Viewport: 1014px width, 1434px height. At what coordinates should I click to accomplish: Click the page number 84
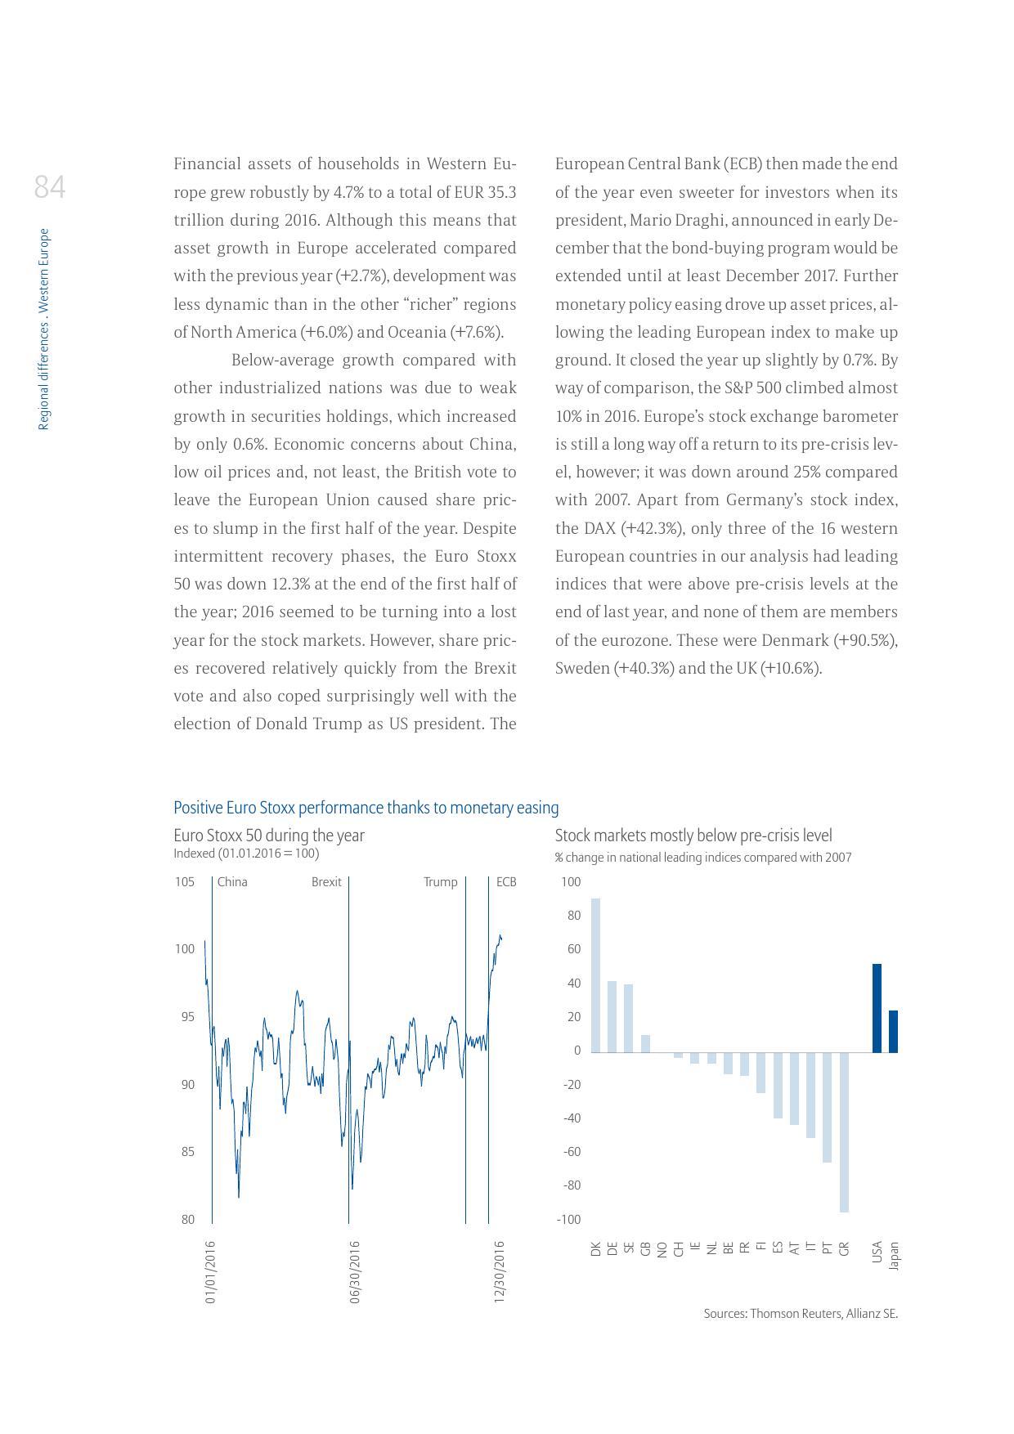click(x=50, y=187)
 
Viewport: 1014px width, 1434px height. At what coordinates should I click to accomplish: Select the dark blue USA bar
click(x=877, y=1008)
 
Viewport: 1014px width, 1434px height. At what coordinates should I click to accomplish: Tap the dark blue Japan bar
click(x=893, y=1032)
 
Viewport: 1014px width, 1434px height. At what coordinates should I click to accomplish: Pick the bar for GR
click(x=844, y=1132)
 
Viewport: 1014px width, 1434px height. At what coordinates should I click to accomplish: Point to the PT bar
click(x=827, y=1107)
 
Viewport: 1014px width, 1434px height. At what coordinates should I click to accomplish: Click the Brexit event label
click(x=326, y=882)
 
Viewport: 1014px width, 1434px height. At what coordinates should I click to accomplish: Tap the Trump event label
click(x=440, y=882)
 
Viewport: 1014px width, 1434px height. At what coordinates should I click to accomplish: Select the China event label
click(x=232, y=882)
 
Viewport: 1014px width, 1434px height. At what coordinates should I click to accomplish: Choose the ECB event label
click(x=506, y=882)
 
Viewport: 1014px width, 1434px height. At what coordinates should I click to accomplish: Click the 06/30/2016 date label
click(x=355, y=1272)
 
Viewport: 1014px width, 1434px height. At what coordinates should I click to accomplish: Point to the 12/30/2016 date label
click(x=500, y=1272)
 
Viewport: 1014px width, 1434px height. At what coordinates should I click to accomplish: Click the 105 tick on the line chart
click(x=185, y=882)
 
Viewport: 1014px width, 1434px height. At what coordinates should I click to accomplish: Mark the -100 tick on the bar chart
click(x=568, y=1220)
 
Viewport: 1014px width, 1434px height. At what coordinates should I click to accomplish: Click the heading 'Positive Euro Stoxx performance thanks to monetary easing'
click(x=366, y=808)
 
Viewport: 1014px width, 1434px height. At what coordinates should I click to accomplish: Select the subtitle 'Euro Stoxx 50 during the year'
click(x=269, y=836)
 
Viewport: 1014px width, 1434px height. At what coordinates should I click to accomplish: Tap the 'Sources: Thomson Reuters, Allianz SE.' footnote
click(x=801, y=1314)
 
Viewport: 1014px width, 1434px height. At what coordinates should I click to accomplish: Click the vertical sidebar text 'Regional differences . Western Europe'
click(x=44, y=329)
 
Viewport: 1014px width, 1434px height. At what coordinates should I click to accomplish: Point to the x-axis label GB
click(x=646, y=1249)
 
